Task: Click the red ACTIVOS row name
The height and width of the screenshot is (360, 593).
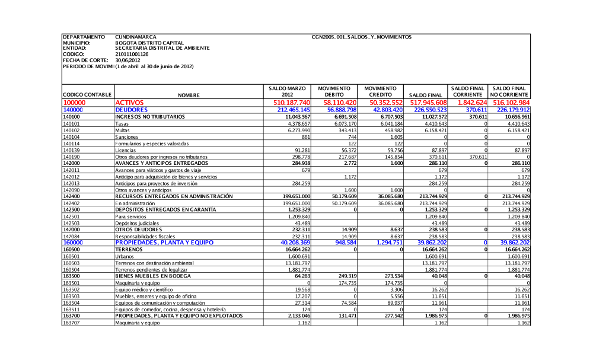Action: click(x=129, y=103)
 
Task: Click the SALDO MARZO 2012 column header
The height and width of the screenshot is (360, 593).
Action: click(x=288, y=91)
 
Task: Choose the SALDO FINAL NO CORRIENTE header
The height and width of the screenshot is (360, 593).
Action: click(x=509, y=91)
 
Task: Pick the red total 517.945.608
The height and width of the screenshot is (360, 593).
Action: click(x=424, y=103)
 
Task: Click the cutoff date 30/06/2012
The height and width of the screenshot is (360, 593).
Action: click(x=127, y=60)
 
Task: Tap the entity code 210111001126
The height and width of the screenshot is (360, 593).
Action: click(x=132, y=54)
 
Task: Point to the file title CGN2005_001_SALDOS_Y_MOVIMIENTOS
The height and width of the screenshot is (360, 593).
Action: click(x=361, y=37)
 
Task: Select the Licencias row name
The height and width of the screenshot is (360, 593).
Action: click(x=126, y=150)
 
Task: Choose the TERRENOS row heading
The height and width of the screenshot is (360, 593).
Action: click(x=130, y=249)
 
